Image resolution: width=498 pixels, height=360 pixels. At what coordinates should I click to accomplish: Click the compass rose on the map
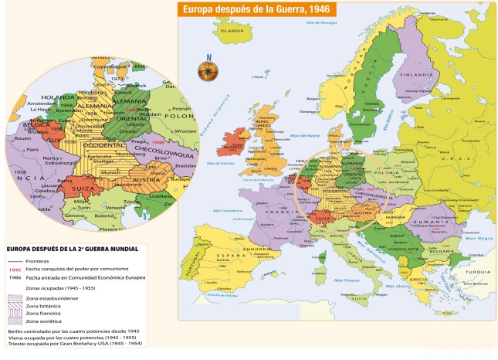pyautogui.click(x=207, y=70)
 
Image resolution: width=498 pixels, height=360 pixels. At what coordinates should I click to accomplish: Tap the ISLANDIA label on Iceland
pyautogui.click(x=232, y=31)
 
